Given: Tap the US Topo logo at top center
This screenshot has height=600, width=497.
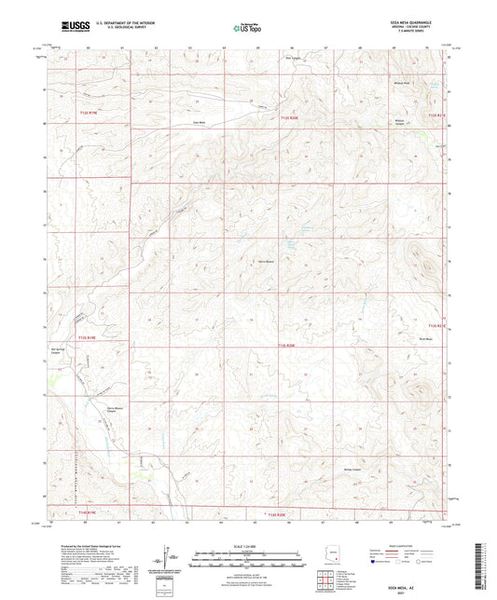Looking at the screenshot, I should (242, 30).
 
